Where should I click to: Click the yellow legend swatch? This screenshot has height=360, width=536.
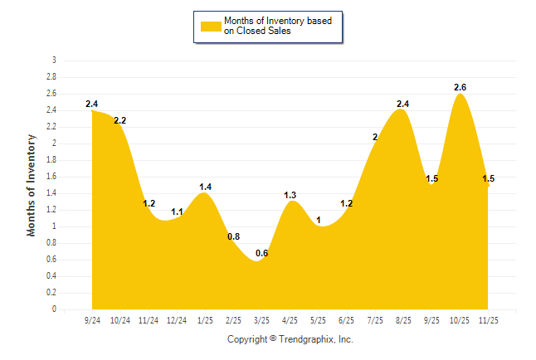tap(211, 26)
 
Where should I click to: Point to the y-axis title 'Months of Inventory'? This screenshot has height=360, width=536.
tap(32, 185)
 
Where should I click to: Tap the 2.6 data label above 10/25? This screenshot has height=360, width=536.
tap(460, 87)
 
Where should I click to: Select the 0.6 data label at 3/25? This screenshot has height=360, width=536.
tap(262, 253)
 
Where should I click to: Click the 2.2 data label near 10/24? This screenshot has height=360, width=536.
tap(120, 120)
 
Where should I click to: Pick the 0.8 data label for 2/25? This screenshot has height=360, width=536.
tap(234, 236)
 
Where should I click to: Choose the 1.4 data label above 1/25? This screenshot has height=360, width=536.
tap(206, 187)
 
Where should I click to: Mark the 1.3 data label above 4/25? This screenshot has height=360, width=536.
tap(290, 195)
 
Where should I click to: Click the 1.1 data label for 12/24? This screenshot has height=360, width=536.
tap(177, 212)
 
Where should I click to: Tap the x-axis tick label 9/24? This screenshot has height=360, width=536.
tap(92, 320)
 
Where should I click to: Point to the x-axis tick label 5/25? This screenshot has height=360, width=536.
tap(319, 320)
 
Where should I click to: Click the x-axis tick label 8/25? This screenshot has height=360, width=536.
tap(403, 320)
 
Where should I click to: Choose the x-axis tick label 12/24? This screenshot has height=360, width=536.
tap(177, 320)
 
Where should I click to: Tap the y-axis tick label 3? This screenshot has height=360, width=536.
tap(55, 61)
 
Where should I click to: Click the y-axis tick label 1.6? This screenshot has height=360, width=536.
tap(51, 177)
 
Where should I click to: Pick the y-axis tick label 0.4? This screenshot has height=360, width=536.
tap(51, 276)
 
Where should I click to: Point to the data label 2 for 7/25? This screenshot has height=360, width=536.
tap(375, 137)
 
